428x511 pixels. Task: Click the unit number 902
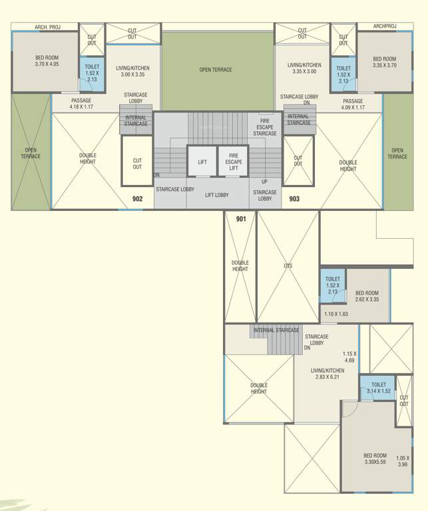pyautogui.click(x=137, y=198)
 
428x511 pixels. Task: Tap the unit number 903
pyautogui.click(x=294, y=198)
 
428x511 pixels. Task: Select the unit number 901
pyautogui.click(x=240, y=218)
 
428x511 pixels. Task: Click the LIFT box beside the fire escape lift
pyautogui.click(x=201, y=162)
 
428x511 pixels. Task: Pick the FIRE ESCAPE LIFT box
pyautogui.click(x=234, y=161)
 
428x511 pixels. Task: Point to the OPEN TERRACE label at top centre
pyautogui.click(x=216, y=70)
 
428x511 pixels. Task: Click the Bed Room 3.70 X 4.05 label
pyautogui.click(x=47, y=62)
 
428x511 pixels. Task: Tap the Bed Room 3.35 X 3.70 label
pyautogui.click(x=384, y=63)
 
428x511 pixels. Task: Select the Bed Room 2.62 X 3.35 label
pyautogui.click(x=367, y=296)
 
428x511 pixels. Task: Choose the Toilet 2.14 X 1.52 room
pyautogui.click(x=378, y=387)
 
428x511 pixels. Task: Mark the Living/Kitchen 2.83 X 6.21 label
pyautogui.click(x=327, y=374)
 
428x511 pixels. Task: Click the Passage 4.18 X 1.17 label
pyautogui.click(x=81, y=104)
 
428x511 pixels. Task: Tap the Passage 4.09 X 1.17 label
pyautogui.click(x=353, y=104)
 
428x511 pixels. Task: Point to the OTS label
pyautogui.click(x=288, y=266)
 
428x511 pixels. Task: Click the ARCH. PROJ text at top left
pyautogui.click(x=47, y=27)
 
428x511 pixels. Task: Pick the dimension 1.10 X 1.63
pyautogui.click(x=335, y=314)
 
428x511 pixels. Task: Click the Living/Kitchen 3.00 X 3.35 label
pyautogui.click(x=132, y=71)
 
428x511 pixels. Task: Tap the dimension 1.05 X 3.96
pyautogui.click(x=403, y=461)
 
